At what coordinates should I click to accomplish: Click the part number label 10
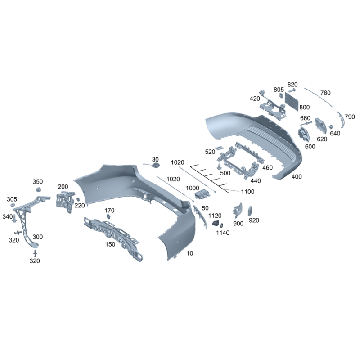click(x=190, y=253)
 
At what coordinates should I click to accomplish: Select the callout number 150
click(x=110, y=244)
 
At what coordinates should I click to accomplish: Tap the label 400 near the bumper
click(x=297, y=176)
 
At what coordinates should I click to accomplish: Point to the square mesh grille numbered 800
click(x=292, y=101)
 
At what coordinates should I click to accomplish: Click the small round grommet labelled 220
click(x=78, y=199)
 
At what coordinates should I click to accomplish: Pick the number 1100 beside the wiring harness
click(x=247, y=192)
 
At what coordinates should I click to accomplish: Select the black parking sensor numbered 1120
click(x=216, y=223)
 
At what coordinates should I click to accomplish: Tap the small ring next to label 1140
click(x=222, y=225)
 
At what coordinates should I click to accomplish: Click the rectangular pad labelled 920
click(x=250, y=211)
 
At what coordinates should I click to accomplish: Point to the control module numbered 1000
click(x=202, y=194)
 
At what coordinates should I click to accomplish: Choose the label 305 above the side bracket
click(x=12, y=199)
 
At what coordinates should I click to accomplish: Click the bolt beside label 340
click(x=15, y=218)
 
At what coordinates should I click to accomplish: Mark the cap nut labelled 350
click(x=38, y=189)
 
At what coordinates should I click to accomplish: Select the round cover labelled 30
click(x=156, y=165)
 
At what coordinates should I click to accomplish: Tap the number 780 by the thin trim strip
click(x=325, y=93)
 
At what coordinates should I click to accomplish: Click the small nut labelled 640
click(x=331, y=127)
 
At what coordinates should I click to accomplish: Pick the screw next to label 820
click(x=292, y=90)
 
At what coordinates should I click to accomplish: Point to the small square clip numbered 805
click(x=281, y=95)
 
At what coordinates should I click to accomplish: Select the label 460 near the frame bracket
click(x=267, y=167)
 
